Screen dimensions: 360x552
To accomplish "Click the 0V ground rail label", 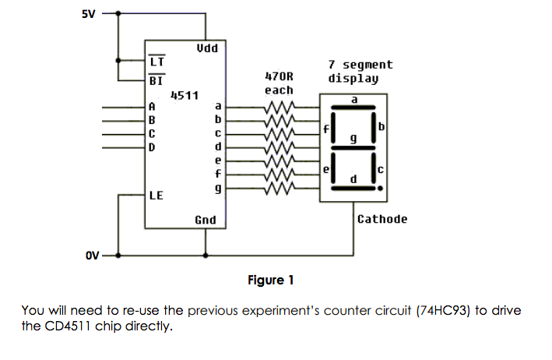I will (93, 255).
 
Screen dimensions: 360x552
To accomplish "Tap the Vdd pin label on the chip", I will (206, 48).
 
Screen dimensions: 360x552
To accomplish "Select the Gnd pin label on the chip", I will (206, 221).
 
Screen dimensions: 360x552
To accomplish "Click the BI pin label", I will (156, 79).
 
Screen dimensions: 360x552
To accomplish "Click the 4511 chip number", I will (185, 95).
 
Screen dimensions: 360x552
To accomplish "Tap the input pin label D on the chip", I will (152, 146).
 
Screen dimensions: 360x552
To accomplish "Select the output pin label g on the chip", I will (219, 188).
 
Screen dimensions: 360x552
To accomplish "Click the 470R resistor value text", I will (279, 77).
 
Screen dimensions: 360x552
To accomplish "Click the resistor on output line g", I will (280, 188).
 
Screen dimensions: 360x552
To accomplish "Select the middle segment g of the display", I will (354, 148).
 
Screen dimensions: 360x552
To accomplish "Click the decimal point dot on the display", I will (380, 189).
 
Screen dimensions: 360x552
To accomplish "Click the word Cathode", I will (381, 219).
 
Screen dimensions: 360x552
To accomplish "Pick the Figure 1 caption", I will (270, 280).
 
